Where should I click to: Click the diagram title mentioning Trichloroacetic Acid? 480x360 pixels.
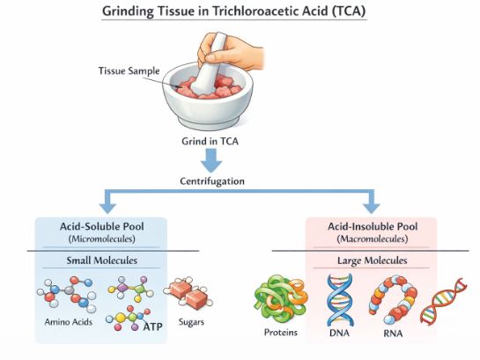point(240,11)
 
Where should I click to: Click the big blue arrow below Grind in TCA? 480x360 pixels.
point(211,161)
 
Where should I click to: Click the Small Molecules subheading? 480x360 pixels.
point(99,261)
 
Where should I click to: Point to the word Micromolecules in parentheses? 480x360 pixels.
point(99,238)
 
